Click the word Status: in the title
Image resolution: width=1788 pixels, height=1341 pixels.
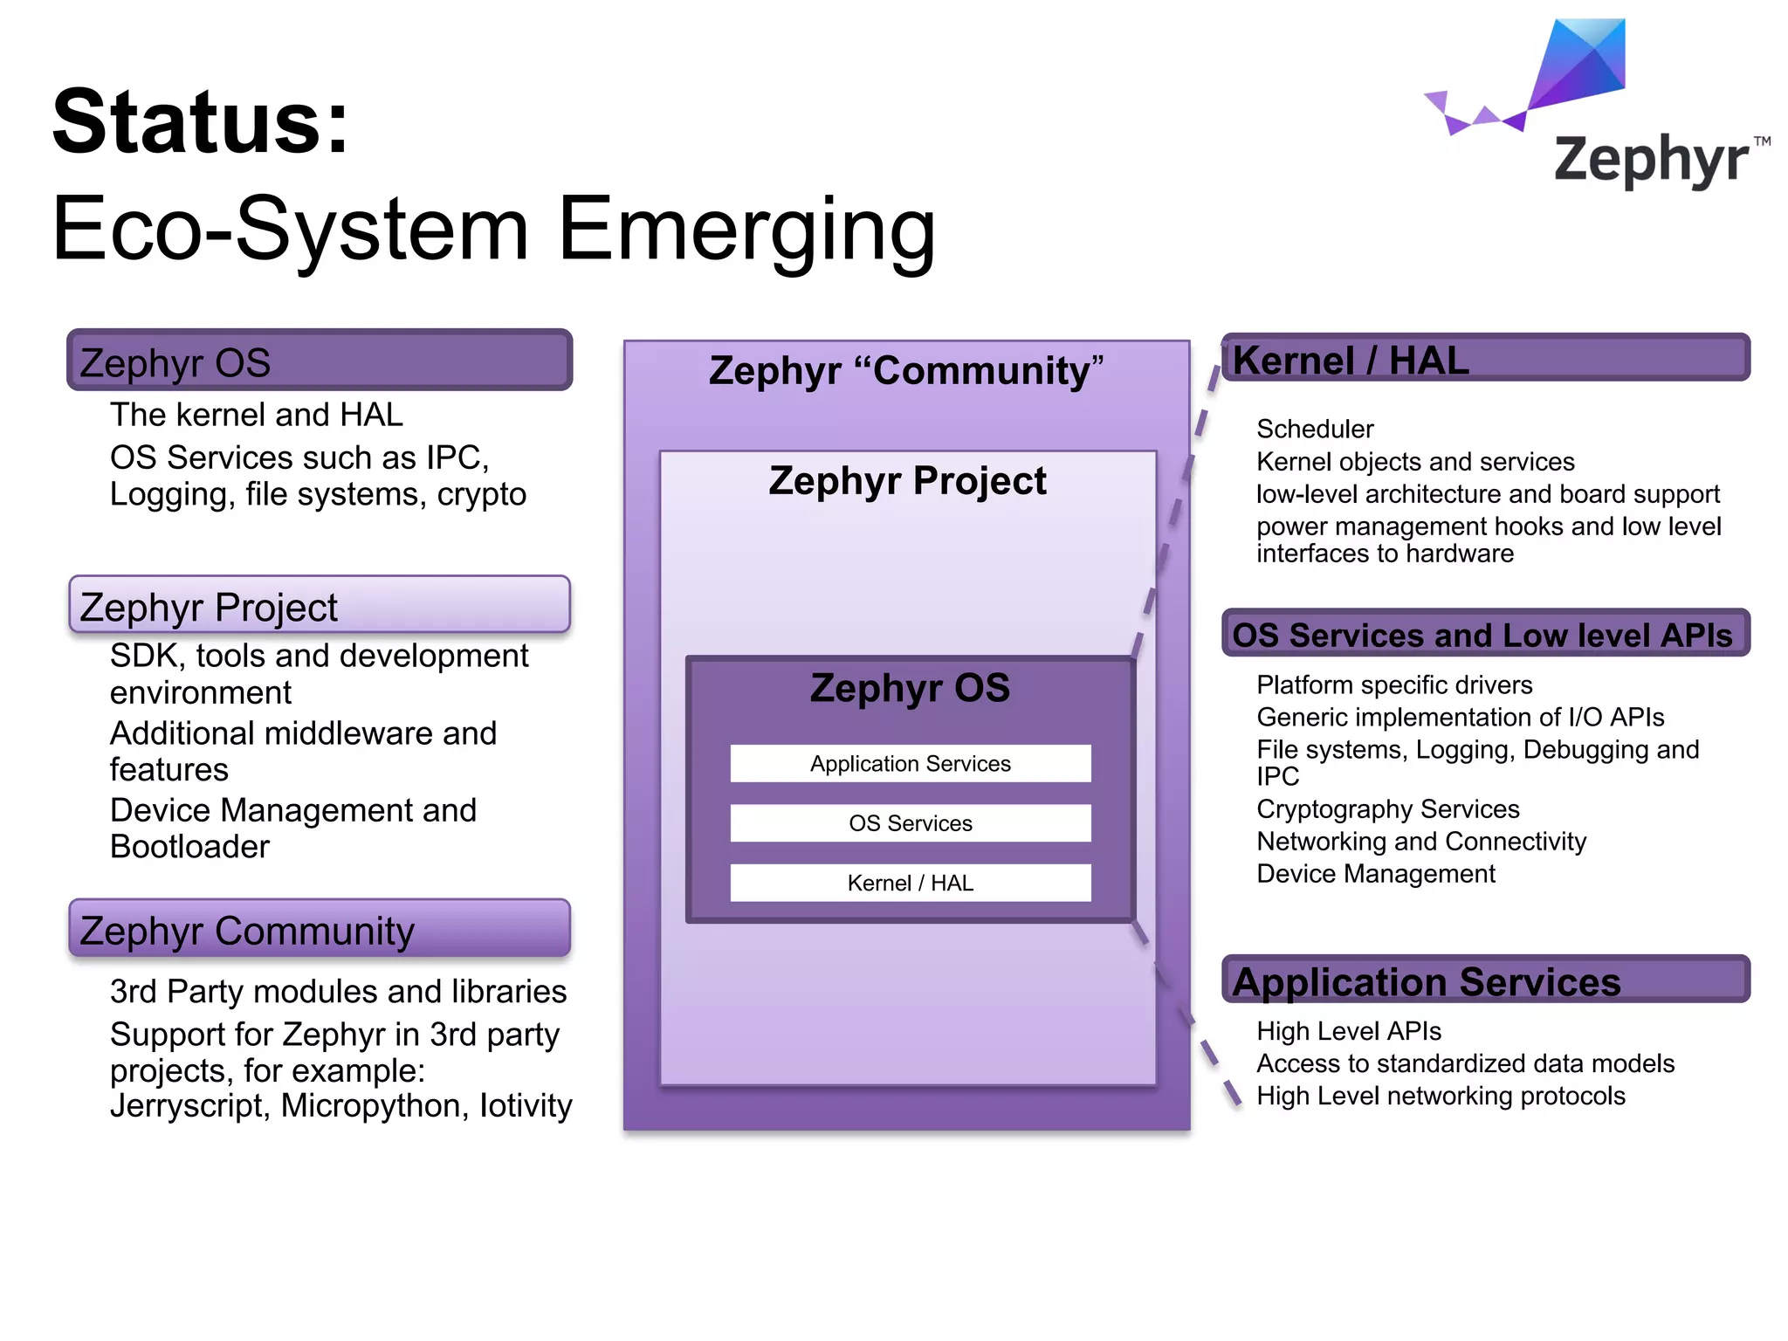point(201,122)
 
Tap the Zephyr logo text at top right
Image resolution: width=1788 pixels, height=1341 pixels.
point(1650,161)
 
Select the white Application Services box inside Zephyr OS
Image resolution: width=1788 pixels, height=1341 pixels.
point(910,764)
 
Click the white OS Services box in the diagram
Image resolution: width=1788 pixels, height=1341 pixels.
point(910,823)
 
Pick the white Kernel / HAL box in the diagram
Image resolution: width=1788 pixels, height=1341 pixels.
point(910,883)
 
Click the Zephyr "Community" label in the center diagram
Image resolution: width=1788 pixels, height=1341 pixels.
point(906,371)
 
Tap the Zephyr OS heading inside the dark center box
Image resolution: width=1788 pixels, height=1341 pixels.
point(910,688)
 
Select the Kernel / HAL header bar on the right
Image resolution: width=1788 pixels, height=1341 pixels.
point(1484,359)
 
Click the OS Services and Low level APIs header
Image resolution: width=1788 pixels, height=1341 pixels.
point(1484,634)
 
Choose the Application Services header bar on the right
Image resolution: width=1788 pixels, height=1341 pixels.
point(1484,980)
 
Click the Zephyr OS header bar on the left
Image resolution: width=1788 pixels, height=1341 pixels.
point(320,361)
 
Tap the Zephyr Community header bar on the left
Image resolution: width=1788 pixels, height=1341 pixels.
point(320,930)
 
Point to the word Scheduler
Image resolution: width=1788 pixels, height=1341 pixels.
point(1315,430)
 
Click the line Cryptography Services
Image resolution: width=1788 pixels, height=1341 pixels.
point(1388,809)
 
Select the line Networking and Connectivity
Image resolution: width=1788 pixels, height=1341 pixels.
point(1421,842)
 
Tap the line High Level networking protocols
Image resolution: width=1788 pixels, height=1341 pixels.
point(1441,1097)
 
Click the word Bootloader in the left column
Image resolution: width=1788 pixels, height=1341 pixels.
point(190,847)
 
